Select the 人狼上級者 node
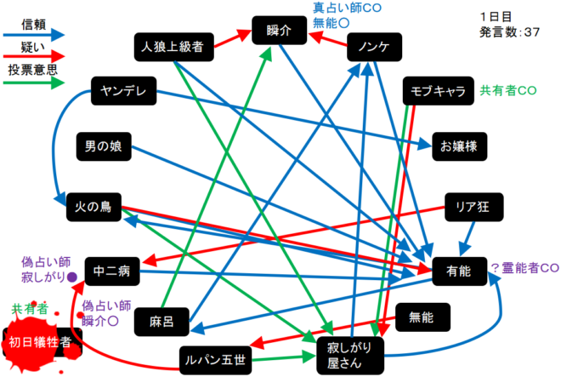point(172,48)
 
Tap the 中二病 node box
point(110,272)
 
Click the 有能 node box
point(457,271)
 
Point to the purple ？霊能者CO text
point(524,266)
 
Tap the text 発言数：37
point(510,31)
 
